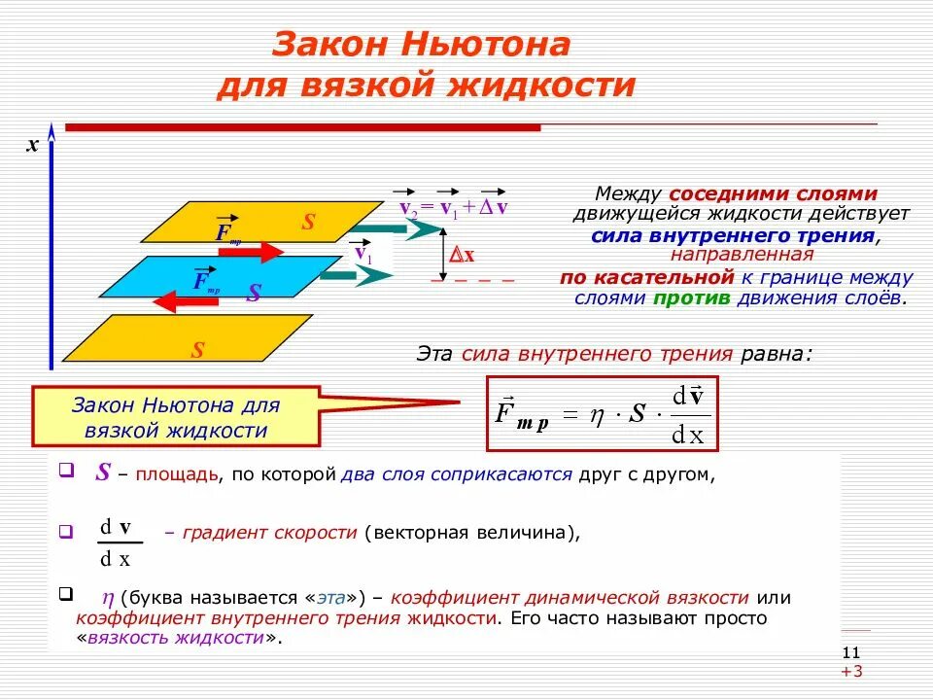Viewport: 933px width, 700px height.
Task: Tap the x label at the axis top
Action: (32, 145)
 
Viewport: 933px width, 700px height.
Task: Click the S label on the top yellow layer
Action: (308, 223)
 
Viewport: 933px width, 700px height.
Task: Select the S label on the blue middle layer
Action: (254, 293)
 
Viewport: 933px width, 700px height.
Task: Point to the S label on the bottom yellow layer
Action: (197, 350)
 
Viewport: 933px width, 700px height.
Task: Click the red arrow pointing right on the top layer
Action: (250, 252)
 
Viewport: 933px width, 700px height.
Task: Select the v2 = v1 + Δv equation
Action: (454, 206)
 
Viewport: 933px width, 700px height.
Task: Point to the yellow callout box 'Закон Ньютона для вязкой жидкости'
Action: (176, 417)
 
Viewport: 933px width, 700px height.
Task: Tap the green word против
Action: (691, 297)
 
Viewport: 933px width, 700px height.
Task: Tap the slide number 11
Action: (851, 652)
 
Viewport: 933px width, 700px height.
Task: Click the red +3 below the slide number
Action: (852, 672)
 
